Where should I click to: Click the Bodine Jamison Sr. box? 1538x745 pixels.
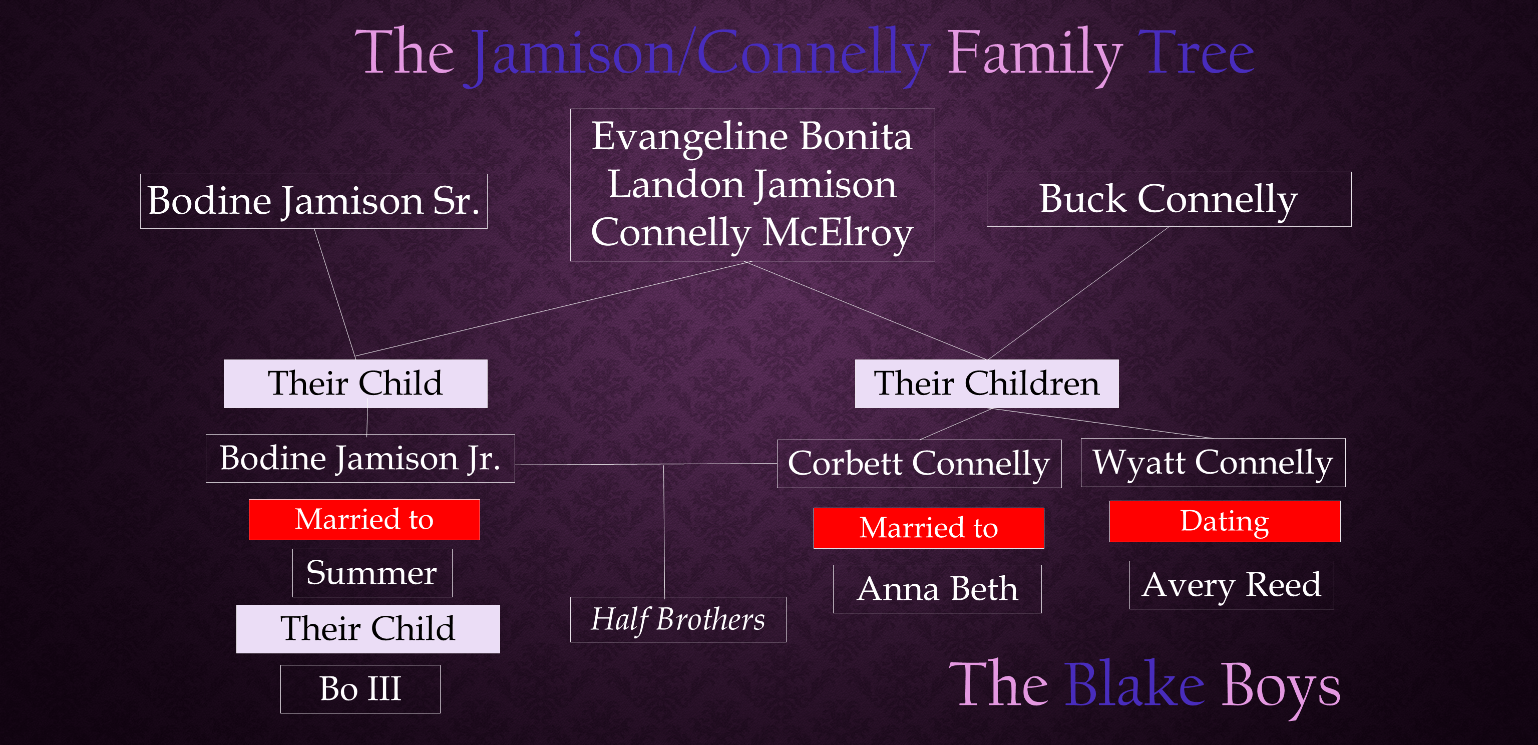click(313, 201)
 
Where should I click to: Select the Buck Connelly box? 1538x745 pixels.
click(1169, 199)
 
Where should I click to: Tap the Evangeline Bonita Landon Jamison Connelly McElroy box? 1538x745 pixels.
click(752, 185)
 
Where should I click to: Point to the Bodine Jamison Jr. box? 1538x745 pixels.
click(360, 459)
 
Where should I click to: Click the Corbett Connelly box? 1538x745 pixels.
click(919, 464)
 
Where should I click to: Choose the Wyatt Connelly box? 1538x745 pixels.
click(1213, 463)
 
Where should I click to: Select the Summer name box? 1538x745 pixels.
click(372, 573)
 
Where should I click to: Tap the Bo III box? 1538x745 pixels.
click(360, 689)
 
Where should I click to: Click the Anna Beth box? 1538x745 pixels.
click(937, 589)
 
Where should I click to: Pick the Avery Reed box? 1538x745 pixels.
click(1231, 585)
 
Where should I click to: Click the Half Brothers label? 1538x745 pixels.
click(678, 620)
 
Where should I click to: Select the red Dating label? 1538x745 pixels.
click(1225, 521)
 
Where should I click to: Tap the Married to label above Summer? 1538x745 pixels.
click(364, 519)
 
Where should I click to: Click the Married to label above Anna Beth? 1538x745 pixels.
click(928, 528)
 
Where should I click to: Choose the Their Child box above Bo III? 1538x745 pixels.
click(368, 629)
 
